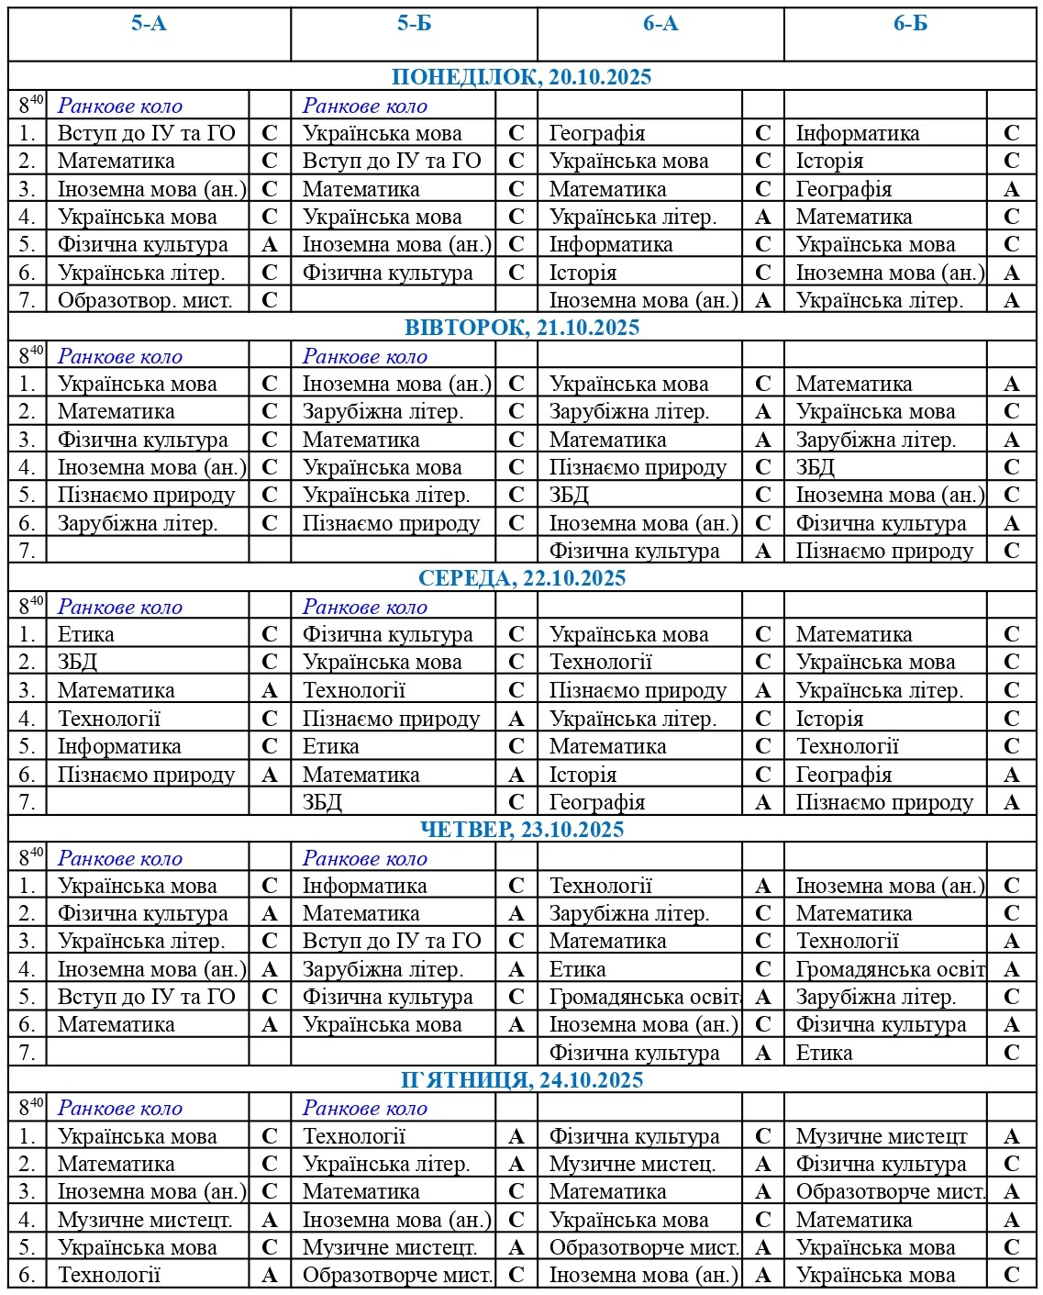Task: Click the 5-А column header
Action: (149, 24)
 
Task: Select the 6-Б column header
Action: (910, 24)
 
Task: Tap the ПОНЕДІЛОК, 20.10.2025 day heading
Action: (521, 77)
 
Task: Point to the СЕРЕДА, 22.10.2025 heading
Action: (521, 578)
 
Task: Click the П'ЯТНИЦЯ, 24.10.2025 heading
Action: (521, 1080)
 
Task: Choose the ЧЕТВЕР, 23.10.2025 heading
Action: (521, 830)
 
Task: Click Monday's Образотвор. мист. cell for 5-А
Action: (145, 300)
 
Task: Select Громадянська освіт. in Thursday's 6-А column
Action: (645, 997)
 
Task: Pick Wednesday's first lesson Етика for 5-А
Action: (86, 634)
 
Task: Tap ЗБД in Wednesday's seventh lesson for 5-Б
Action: (322, 802)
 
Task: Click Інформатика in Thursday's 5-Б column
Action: (364, 886)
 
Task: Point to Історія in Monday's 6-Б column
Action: (829, 162)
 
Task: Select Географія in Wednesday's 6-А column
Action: (596, 802)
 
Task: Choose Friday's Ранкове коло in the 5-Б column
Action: (364, 1109)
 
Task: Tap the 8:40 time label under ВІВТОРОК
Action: (30, 356)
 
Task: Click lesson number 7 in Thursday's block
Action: (28, 1053)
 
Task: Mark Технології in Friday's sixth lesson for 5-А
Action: (109, 1275)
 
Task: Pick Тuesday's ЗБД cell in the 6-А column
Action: (569, 495)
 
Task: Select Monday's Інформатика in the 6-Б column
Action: (857, 134)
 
